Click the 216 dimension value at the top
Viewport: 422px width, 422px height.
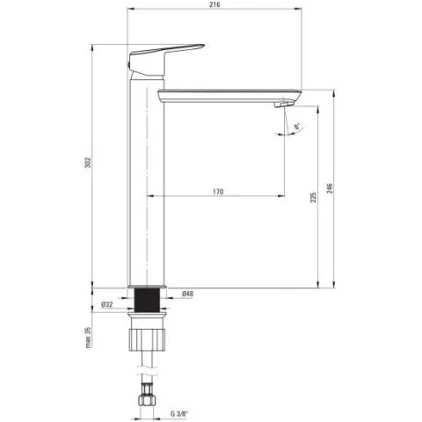coord(215,4)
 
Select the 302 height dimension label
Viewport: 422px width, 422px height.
coord(88,163)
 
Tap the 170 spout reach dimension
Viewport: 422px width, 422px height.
coord(218,192)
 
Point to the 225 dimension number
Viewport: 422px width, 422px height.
coord(313,197)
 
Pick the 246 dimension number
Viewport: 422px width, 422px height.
coord(330,188)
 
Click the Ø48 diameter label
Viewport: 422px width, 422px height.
coord(187,294)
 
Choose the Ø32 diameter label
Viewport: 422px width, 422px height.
coord(107,304)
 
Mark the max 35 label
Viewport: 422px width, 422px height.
coord(88,338)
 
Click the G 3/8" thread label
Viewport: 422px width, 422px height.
coord(179,414)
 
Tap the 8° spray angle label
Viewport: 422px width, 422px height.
coord(296,127)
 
